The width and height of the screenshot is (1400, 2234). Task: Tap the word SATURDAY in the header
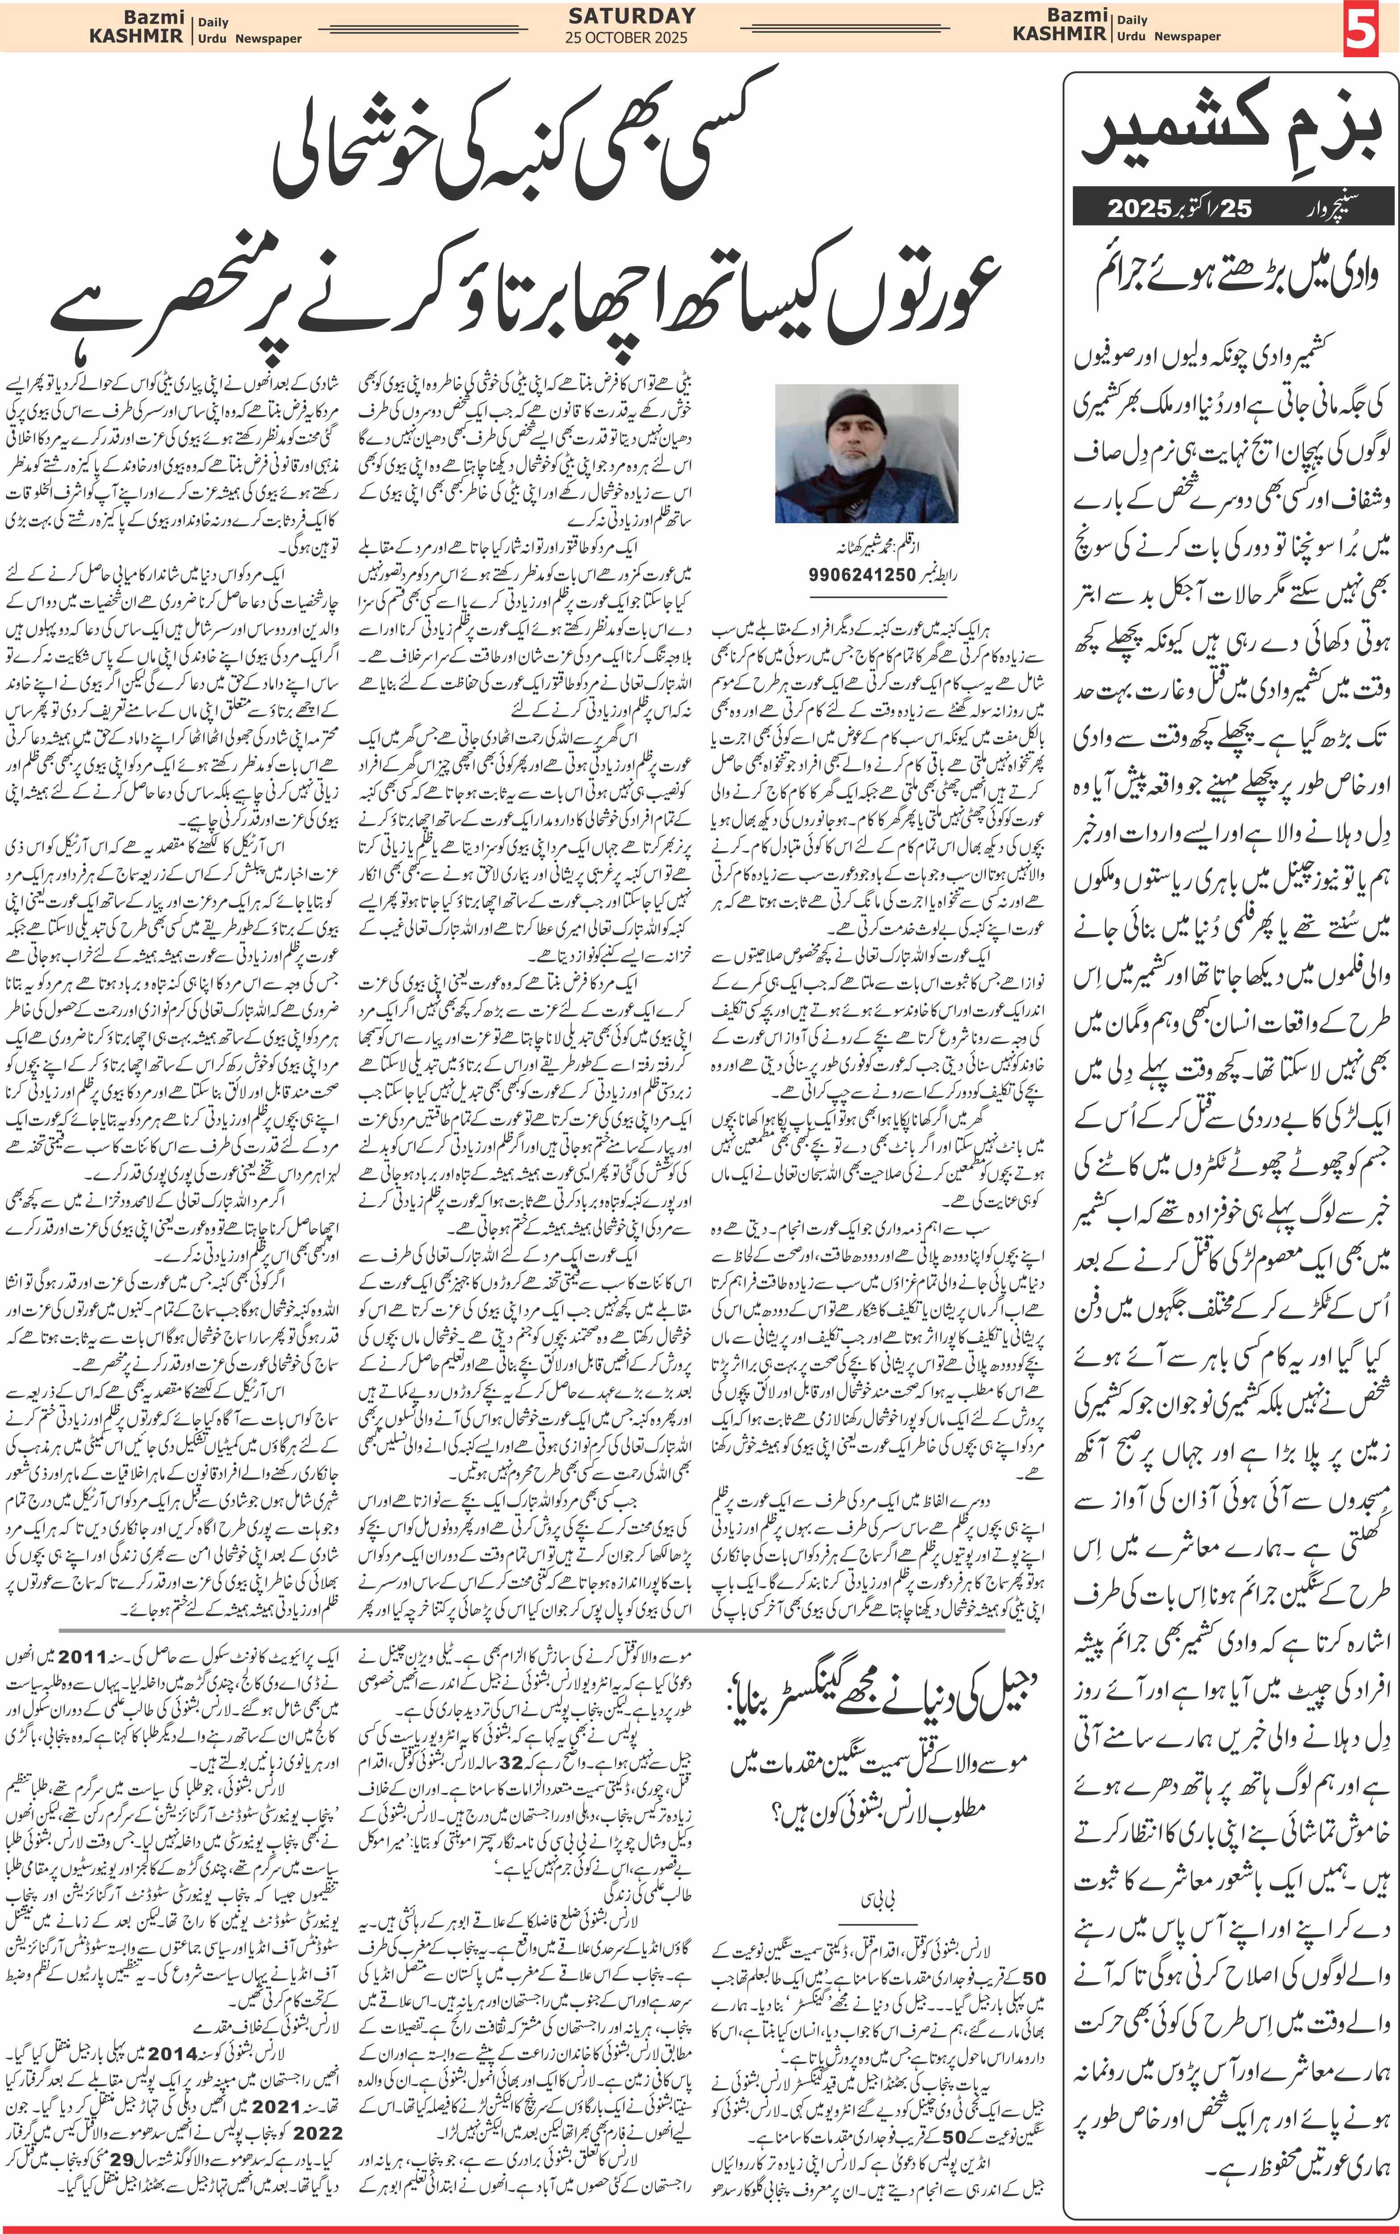coord(632,16)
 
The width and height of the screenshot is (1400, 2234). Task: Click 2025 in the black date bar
coord(1139,208)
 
